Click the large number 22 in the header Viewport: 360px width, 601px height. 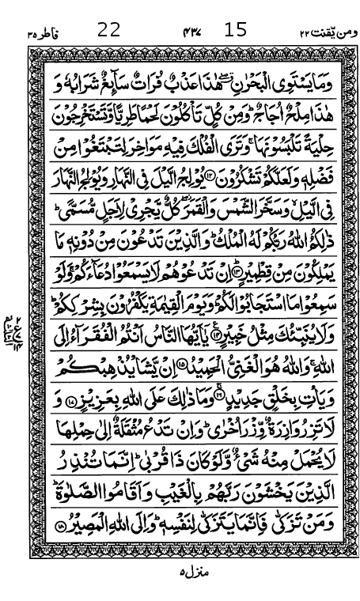pyautogui.click(x=108, y=31)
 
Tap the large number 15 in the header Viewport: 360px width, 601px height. pyautogui.click(x=236, y=31)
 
